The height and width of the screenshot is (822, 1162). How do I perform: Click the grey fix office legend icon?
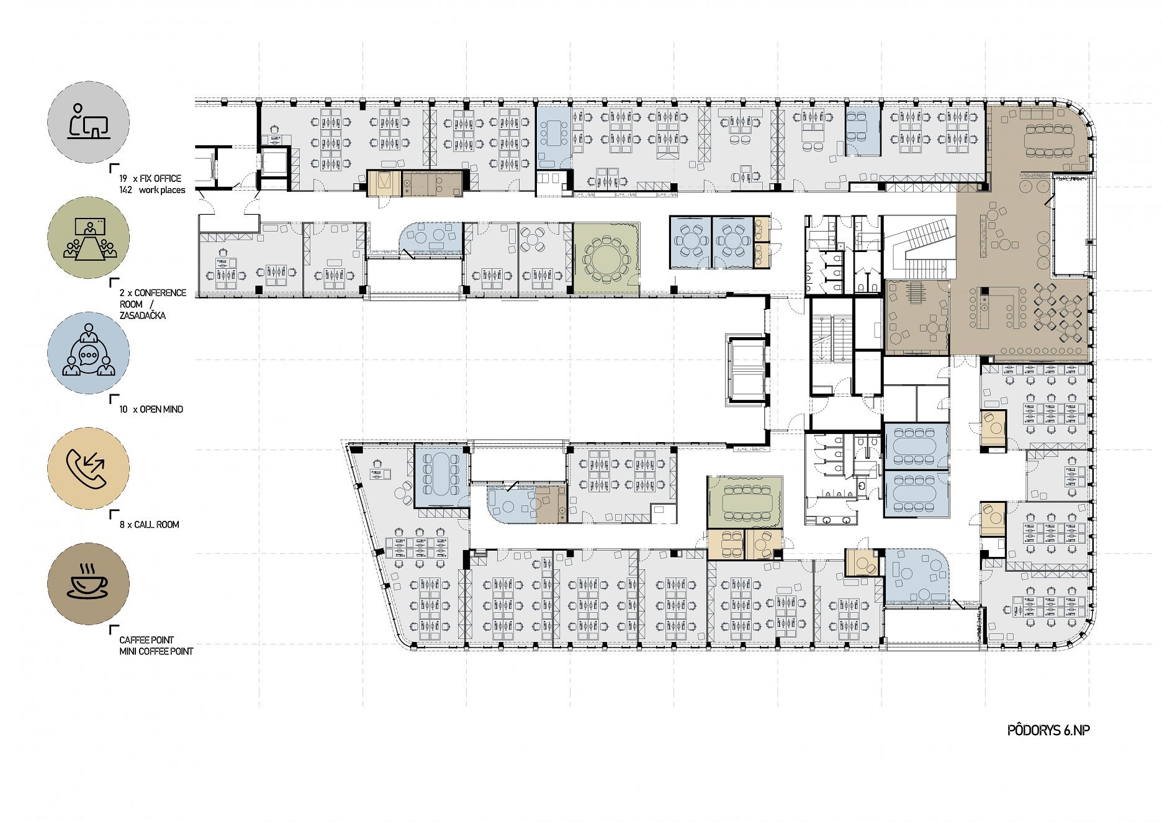pyautogui.click(x=89, y=122)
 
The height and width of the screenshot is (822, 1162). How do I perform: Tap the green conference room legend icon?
pyautogui.click(x=89, y=238)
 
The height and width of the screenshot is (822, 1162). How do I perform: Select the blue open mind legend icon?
pyautogui.click(x=89, y=353)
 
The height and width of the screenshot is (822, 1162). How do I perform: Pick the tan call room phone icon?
pyautogui.click(x=89, y=468)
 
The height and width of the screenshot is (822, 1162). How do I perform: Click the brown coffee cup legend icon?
pyautogui.click(x=89, y=584)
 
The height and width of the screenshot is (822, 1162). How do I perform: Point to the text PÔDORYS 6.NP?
pyautogui.click(x=1048, y=730)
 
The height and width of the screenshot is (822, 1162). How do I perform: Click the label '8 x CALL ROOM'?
pyautogui.click(x=149, y=525)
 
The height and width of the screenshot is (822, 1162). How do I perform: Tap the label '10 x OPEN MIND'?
pyautogui.click(x=151, y=409)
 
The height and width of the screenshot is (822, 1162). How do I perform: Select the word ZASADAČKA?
pyautogui.click(x=143, y=315)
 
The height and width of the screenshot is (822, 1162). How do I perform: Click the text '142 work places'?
pyautogui.click(x=152, y=190)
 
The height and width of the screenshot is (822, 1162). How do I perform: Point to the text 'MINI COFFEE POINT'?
pyautogui.click(x=156, y=651)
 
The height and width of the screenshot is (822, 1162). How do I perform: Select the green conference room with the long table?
pyautogui.click(x=745, y=502)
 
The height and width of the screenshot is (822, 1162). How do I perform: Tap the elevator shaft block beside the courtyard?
pyautogui.click(x=747, y=370)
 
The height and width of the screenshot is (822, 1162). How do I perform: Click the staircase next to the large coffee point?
pyautogui.click(x=919, y=247)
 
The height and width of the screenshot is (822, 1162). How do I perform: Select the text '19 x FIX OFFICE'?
pyautogui.click(x=150, y=178)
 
